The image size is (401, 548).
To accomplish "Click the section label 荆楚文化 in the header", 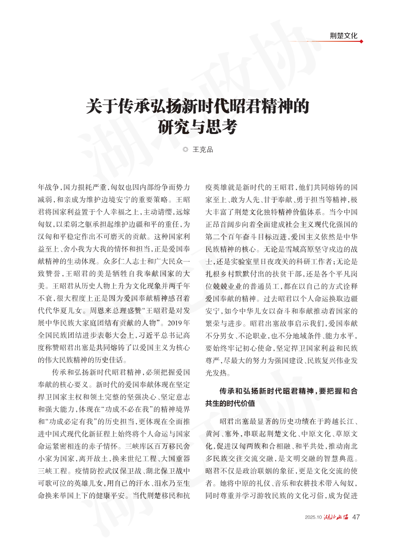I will point(344,35).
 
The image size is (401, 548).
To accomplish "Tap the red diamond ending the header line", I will point(361,41).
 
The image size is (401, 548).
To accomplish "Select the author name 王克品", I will point(203,149).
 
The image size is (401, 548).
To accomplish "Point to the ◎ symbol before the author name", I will point(186,149).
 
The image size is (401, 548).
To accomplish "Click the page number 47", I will point(356,517).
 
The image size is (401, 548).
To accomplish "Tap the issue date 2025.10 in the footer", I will point(314,517).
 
